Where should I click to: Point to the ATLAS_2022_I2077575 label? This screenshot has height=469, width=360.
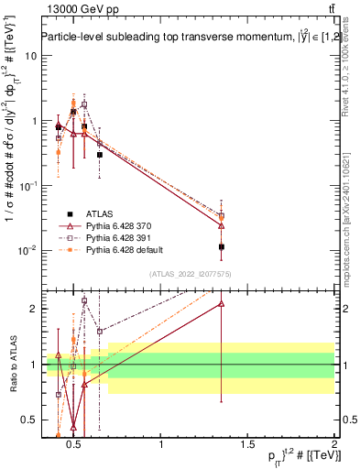point(190,274)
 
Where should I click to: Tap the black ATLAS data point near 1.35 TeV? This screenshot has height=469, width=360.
point(222,246)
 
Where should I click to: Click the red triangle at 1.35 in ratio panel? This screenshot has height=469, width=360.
point(222,303)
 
